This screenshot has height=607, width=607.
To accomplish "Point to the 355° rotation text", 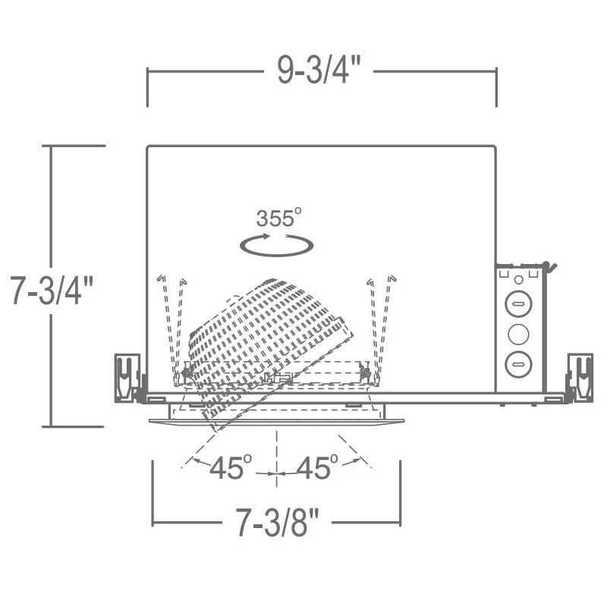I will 278,219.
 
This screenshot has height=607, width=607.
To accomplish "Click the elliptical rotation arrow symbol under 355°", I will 276,244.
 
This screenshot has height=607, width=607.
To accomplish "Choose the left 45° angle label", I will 230,468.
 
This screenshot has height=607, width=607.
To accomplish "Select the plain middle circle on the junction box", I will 518,333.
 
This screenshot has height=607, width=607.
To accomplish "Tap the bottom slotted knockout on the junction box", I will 518,362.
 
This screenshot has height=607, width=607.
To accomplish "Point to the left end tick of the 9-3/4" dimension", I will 147,86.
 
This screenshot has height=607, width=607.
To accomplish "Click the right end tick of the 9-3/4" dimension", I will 496,86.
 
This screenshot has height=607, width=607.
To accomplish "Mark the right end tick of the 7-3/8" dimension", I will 400,502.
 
